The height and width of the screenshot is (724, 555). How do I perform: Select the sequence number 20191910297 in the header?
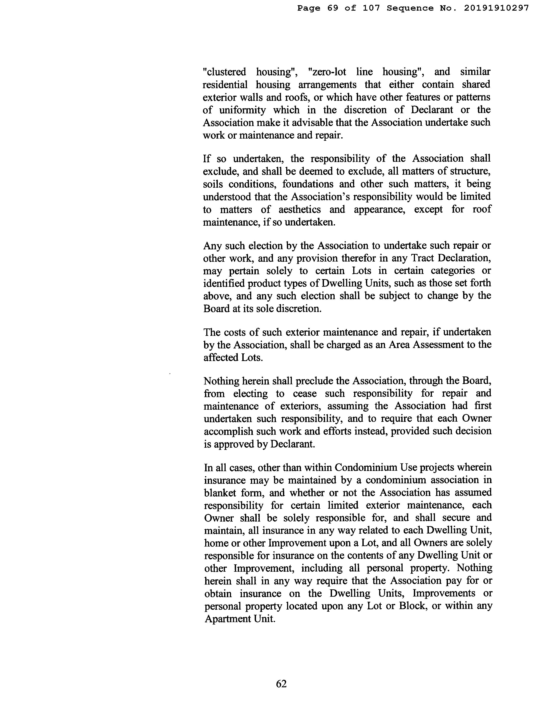(496, 8)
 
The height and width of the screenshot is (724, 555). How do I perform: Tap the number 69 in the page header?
(333, 8)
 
